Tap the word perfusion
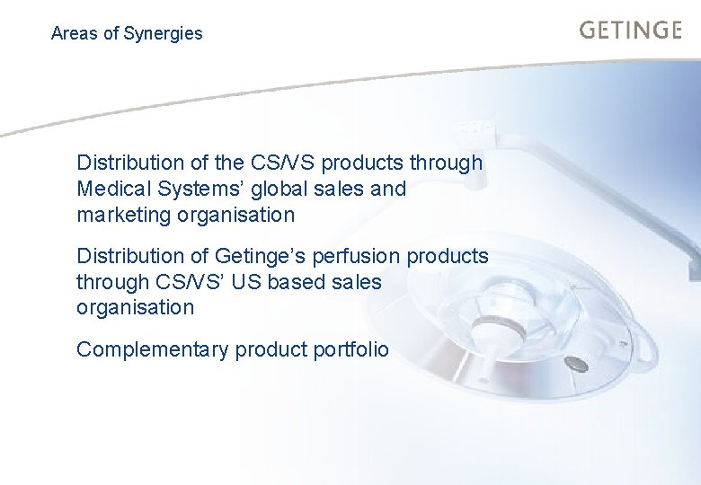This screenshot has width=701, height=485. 357,256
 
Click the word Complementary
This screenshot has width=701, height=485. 152,349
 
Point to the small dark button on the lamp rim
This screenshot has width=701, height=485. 572,366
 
